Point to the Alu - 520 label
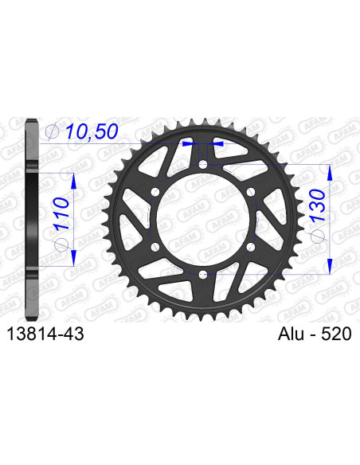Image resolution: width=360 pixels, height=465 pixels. tap(311, 337)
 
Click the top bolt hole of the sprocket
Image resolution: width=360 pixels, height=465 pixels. tap(203, 165)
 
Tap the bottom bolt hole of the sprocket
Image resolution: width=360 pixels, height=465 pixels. tap(203, 274)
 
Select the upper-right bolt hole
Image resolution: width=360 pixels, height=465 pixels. tap(250, 192)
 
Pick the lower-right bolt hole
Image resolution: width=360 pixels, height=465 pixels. tap(250, 247)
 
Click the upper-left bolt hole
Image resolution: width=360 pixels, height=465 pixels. tap(156, 192)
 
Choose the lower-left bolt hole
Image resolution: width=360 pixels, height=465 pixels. tap(156, 247)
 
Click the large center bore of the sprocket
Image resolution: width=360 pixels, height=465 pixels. tap(203, 220)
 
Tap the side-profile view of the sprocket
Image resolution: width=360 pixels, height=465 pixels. tap(31, 219)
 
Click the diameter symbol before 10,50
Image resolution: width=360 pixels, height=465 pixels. tap(52, 131)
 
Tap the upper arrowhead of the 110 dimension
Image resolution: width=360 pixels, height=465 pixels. tap(73, 179)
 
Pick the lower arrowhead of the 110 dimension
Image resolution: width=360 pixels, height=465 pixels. tap(73, 259)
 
